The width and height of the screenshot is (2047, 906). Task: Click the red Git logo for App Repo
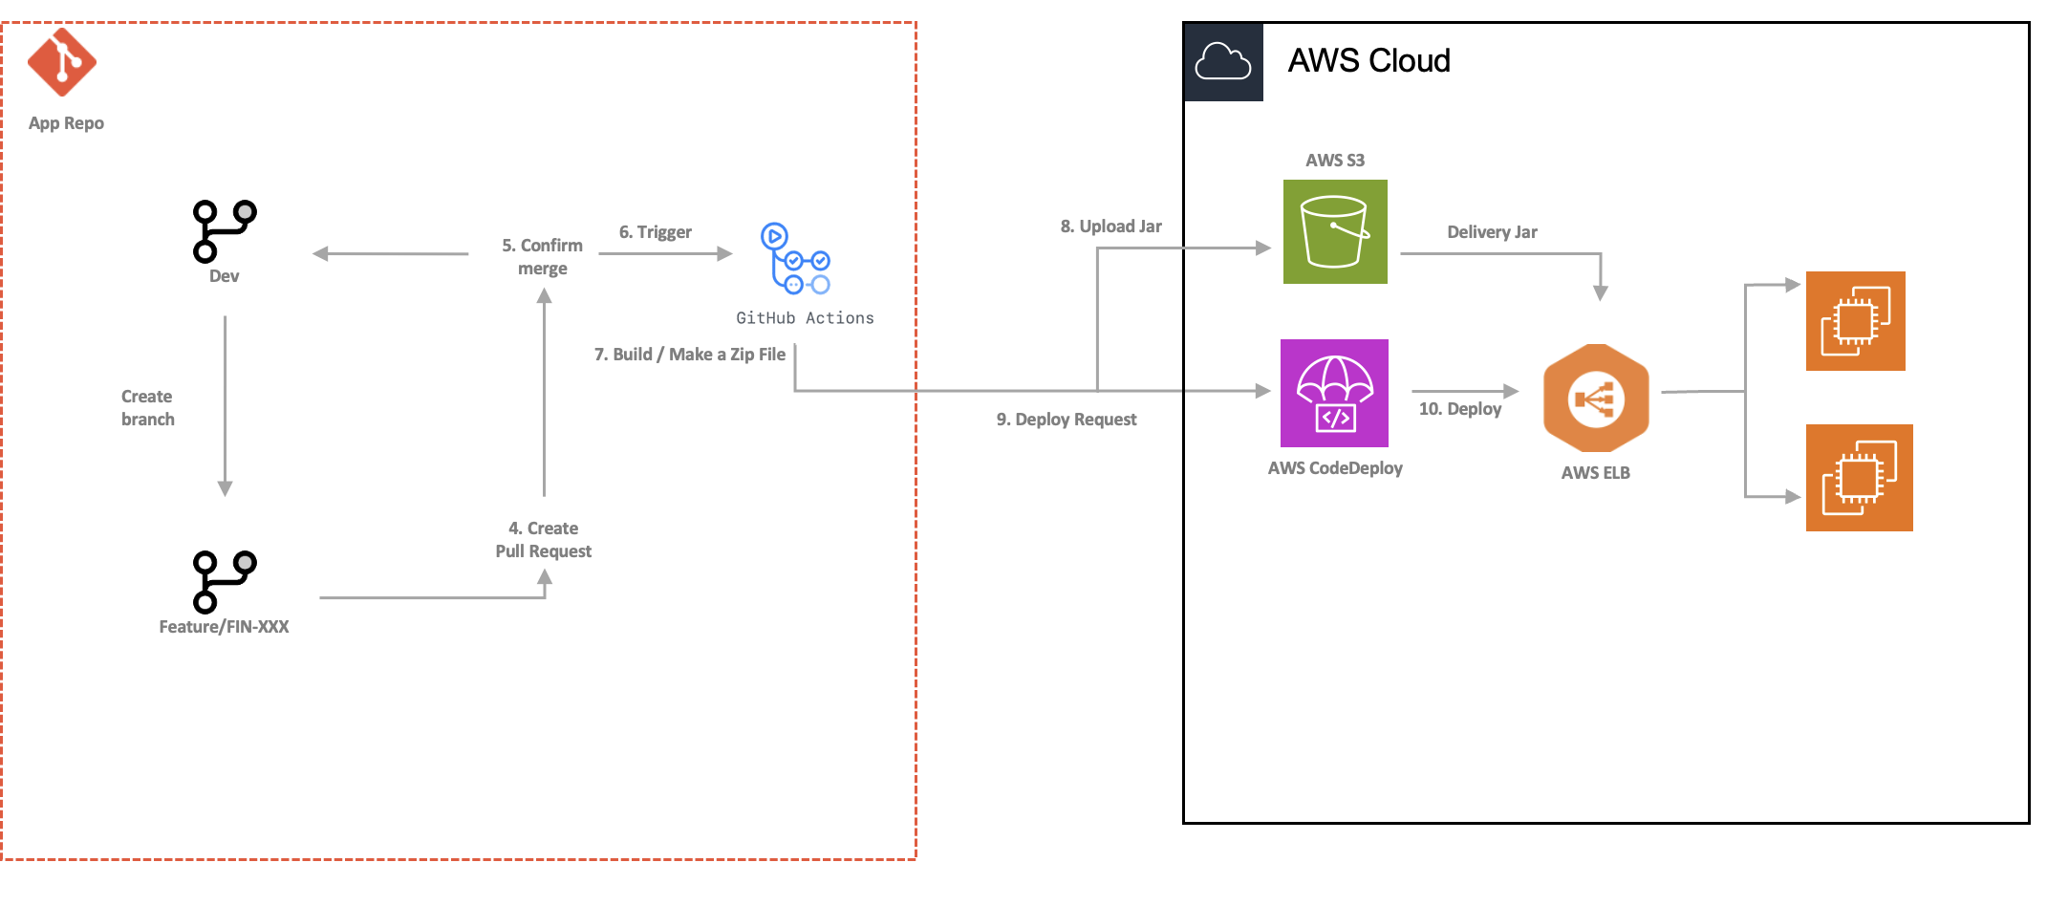[62, 62]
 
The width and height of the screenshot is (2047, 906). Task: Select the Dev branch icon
[224, 231]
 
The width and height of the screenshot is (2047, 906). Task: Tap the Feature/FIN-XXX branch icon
[224, 581]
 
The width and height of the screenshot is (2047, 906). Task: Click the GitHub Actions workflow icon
[795, 259]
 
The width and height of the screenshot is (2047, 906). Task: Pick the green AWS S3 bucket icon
[1335, 232]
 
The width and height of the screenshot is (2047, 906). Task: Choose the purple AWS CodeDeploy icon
[1334, 393]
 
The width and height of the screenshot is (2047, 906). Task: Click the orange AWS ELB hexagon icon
[1596, 398]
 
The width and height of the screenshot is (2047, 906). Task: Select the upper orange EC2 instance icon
[1855, 321]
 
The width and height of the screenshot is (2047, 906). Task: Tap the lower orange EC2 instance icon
[1859, 478]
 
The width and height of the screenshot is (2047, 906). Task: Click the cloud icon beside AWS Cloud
[1223, 62]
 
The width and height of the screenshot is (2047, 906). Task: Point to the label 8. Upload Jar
[1110, 226]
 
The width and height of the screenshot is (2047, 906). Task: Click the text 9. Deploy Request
[1067, 420]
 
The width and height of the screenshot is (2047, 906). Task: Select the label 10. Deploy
[1459, 409]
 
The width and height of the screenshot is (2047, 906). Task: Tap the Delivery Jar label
[1492, 232]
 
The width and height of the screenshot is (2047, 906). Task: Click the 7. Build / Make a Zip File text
[689, 355]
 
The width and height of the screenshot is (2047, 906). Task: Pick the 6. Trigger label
[655, 232]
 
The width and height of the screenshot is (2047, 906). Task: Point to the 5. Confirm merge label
[542, 257]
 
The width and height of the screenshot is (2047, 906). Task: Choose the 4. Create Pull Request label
[543, 540]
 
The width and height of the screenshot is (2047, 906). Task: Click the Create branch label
[147, 408]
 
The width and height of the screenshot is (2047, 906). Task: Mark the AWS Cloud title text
[1368, 61]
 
